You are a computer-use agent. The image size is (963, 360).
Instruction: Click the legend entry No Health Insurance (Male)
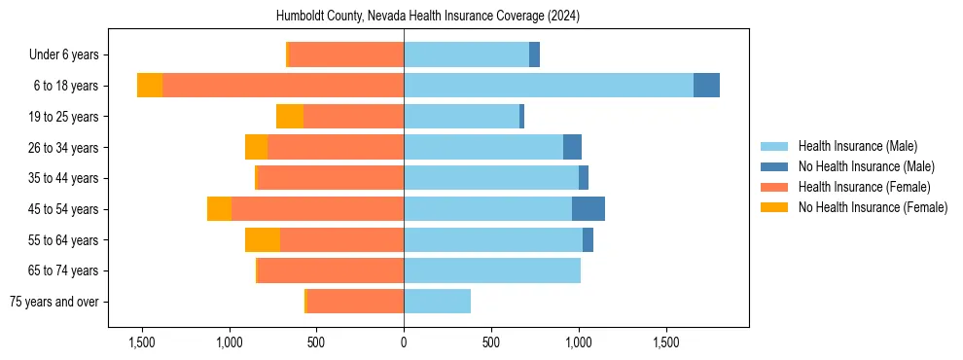point(866,166)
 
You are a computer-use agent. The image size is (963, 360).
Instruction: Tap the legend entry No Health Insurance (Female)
point(873,207)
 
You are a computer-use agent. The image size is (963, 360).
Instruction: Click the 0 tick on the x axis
point(404,342)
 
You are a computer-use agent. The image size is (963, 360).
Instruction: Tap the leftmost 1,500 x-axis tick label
point(142,342)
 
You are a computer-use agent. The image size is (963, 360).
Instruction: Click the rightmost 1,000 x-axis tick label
point(579,342)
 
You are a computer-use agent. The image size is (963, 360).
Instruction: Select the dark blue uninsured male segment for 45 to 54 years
point(588,208)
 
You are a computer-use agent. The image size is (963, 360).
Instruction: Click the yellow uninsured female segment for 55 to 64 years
point(263,239)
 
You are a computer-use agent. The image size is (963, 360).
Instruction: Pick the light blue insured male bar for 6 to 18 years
point(549,86)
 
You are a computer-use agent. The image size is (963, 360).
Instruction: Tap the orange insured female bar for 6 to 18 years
point(283,86)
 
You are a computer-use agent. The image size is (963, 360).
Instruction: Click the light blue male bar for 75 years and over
point(437,302)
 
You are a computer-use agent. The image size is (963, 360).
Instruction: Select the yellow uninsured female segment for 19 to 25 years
point(290,117)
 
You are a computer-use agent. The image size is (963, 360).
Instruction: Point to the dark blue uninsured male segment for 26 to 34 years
point(572,147)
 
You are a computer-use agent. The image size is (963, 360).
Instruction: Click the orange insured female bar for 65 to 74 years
point(331,270)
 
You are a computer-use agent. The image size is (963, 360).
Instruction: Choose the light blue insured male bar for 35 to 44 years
point(491,178)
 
